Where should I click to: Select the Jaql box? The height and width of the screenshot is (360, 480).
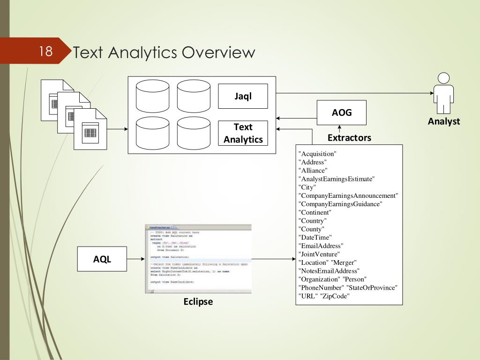coord(243,96)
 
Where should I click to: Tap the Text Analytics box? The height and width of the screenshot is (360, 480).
coord(243,133)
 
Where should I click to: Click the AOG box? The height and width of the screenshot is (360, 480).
coord(342,112)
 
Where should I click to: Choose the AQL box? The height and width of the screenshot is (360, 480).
coord(102,259)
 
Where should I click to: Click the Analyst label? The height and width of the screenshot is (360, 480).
coord(443,121)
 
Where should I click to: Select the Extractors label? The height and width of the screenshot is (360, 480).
coord(349,138)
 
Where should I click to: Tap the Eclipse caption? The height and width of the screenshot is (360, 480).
coord(198,301)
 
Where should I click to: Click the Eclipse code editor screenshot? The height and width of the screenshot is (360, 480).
coord(198,259)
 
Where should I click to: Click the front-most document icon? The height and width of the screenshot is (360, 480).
coord(90,129)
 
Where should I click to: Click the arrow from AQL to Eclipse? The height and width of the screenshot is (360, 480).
coord(135,259)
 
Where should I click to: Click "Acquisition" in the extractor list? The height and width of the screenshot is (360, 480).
coord(318,154)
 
